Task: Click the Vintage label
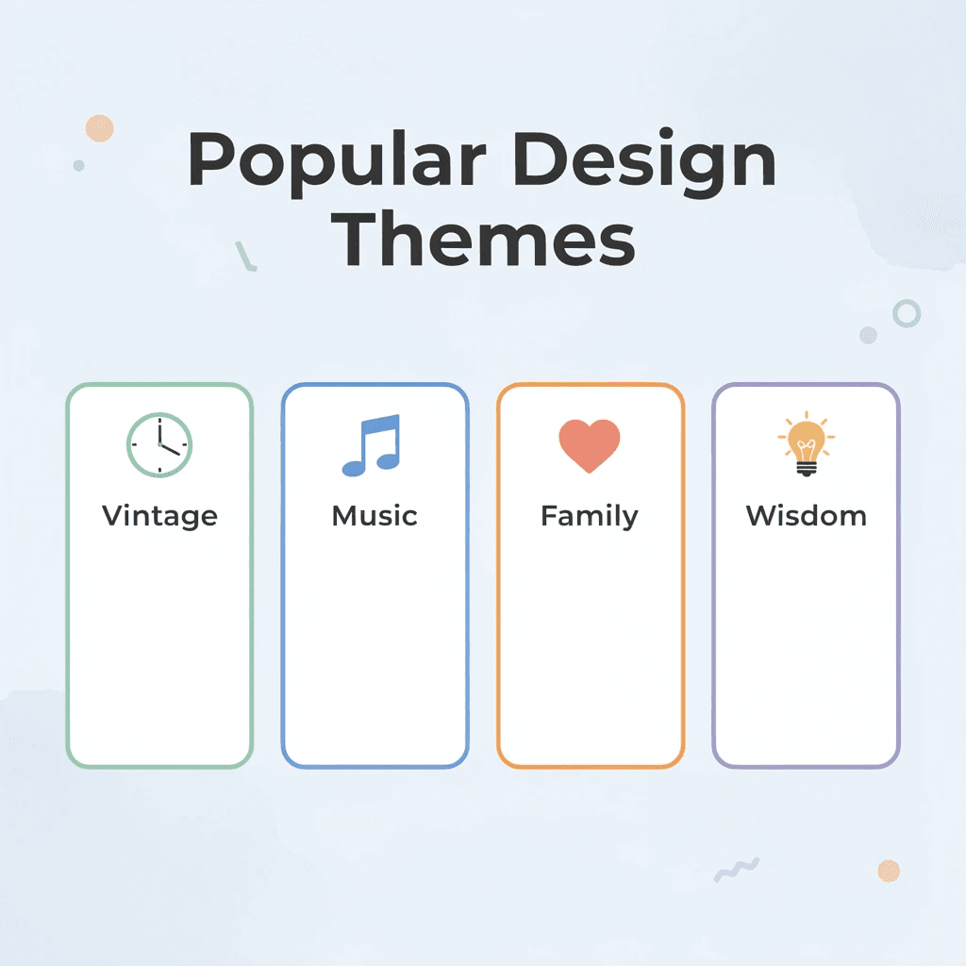159,516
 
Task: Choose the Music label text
375,516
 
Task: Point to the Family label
590,516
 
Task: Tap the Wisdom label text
806,516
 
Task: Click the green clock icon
158,444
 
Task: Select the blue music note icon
372,444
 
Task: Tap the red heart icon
590,445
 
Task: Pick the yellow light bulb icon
806,442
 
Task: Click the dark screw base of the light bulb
806,469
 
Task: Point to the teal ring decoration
907,313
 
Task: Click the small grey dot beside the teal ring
868,335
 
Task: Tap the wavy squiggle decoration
737,869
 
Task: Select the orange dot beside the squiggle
888,871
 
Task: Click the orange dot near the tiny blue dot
99,128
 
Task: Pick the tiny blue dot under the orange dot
79,165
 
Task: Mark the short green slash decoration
246,256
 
